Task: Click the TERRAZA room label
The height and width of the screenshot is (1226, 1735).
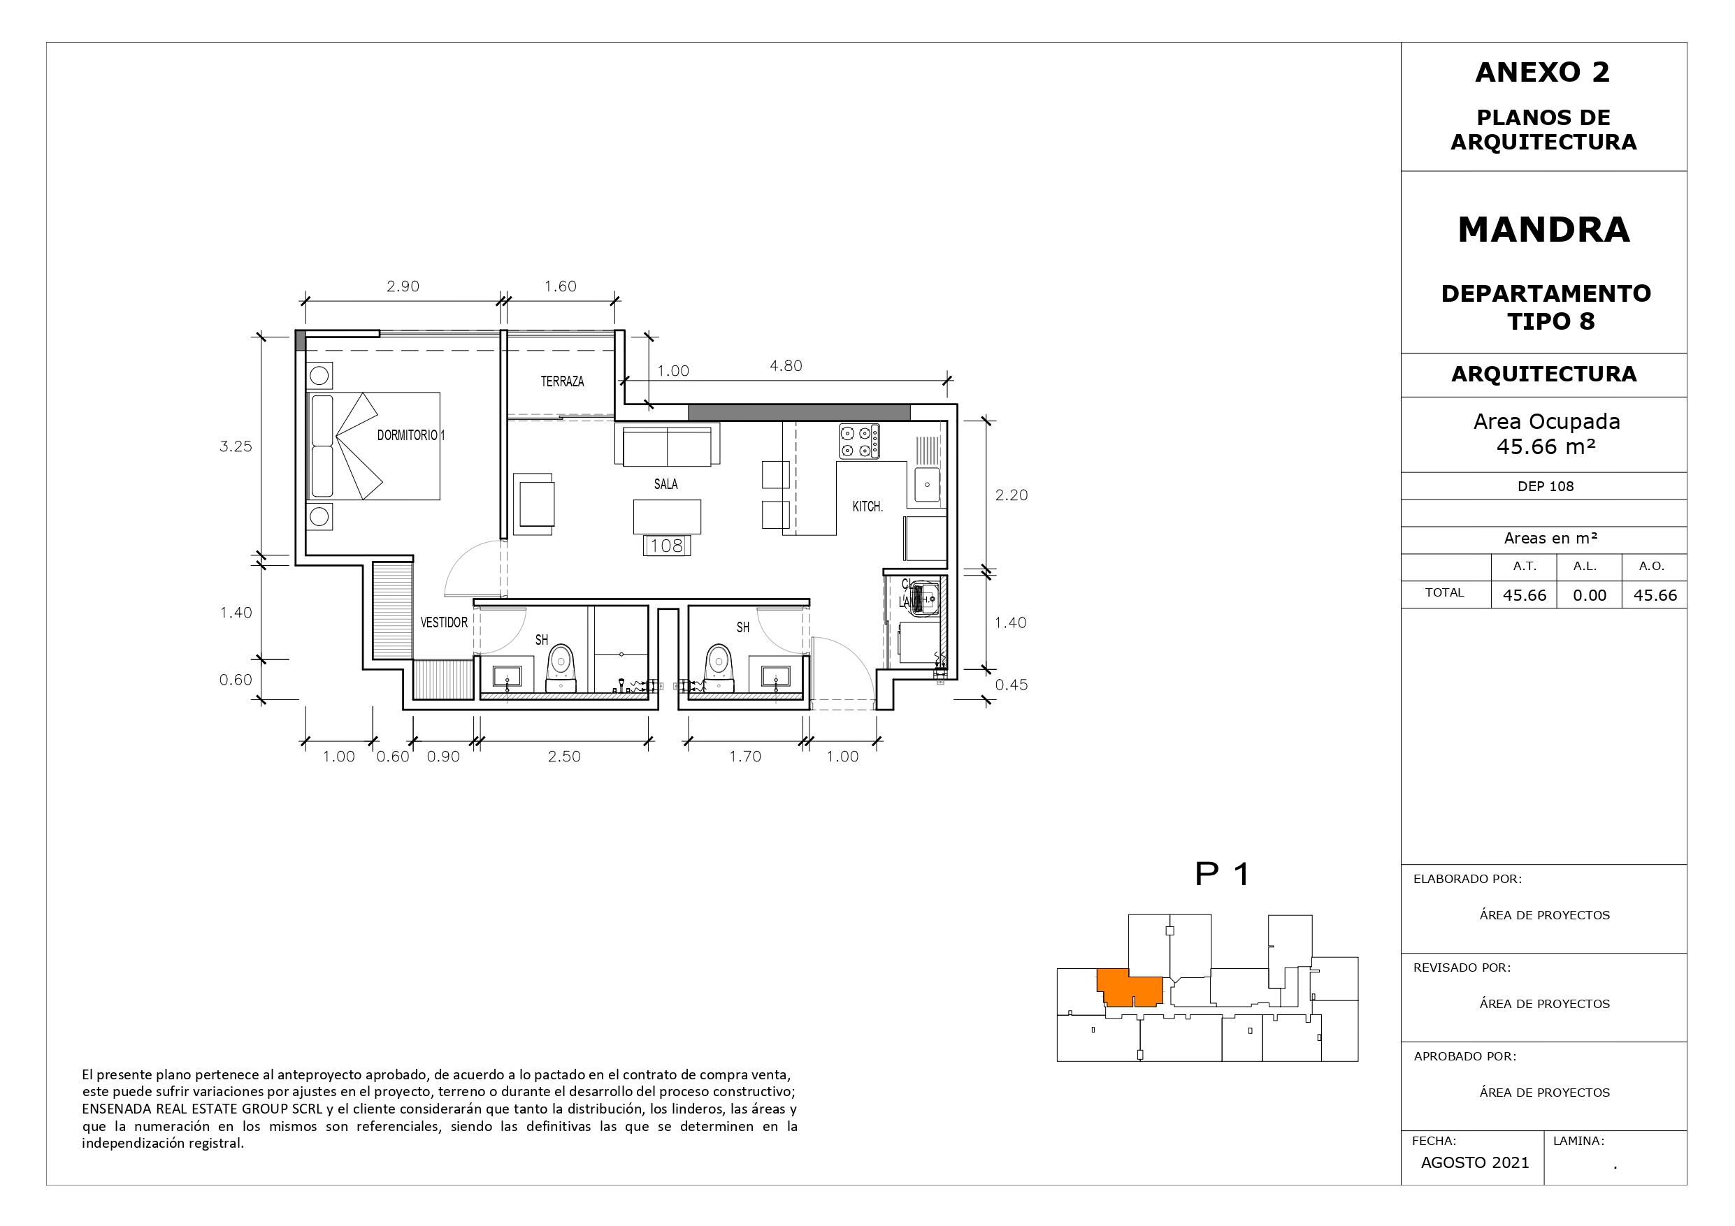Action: (x=562, y=381)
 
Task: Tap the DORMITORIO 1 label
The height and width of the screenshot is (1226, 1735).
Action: (x=411, y=435)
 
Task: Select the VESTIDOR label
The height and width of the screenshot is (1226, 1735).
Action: (x=445, y=622)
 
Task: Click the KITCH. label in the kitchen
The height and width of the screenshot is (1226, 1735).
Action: (x=867, y=507)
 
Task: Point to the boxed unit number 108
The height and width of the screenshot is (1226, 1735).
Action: (x=666, y=546)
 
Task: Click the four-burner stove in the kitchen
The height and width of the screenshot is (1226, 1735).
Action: (x=859, y=441)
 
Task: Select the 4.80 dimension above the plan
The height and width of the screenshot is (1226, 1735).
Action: (x=786, y=365)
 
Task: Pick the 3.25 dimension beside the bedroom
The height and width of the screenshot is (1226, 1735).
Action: (x=236, y=446)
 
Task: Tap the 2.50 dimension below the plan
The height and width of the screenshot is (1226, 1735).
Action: (x=565, y=756)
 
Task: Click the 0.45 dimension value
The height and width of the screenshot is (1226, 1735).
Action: (x=1011, y=685)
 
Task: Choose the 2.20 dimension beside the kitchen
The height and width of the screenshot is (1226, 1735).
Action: (x=1011, y=495)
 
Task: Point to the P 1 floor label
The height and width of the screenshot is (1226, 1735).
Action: (x=1223, y=874)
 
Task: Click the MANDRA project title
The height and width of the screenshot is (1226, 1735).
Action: (x=1544, y=230)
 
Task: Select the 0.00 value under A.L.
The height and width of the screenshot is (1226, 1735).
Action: (x=1590, y=595)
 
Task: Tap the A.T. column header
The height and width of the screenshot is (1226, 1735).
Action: (x=1524, y=566)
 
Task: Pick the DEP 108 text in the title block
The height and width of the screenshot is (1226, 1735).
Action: (x=1546, y=486)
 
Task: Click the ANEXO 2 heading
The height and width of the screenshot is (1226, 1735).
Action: (x=1543, y=73)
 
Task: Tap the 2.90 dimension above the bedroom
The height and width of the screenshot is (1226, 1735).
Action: (x=403, y=286)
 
